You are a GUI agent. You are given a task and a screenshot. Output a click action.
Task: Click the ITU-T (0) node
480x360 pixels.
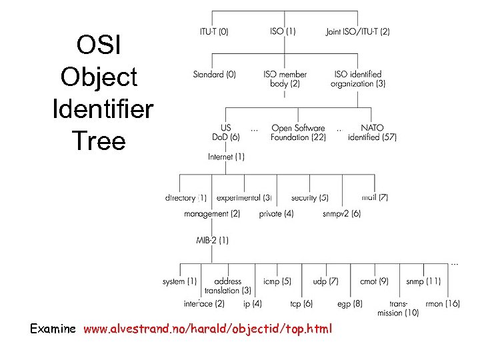pos(214,31)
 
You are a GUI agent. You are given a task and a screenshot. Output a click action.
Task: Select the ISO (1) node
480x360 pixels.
pos(283,31)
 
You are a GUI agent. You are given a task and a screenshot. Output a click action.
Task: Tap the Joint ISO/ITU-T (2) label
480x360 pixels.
pos(358,31)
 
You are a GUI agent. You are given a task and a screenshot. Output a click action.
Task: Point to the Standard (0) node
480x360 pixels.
pos(214,75)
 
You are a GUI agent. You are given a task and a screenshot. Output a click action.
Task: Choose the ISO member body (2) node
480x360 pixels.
pos(285,79)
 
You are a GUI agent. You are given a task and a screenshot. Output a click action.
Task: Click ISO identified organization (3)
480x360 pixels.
pos(357,79)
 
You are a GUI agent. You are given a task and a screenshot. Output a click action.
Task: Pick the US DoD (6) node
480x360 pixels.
pos(225,133)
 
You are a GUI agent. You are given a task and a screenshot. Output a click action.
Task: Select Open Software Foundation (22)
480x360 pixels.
pos(298,133)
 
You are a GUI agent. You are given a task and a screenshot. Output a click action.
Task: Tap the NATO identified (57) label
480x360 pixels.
pos(372,133)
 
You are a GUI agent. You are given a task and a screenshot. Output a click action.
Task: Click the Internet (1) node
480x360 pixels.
pos(226,157)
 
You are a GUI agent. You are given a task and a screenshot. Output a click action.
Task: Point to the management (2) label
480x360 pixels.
pos(212,214)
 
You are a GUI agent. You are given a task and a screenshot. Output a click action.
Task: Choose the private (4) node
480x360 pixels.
pos(276,214)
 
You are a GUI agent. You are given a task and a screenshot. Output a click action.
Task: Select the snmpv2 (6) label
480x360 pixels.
pos(341,214)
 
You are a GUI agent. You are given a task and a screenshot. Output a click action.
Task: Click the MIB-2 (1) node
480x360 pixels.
pos(212,239)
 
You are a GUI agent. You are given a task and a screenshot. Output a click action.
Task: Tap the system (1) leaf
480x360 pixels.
pos(179,281)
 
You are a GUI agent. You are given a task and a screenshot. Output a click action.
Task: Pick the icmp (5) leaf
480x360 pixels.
pos(277,281)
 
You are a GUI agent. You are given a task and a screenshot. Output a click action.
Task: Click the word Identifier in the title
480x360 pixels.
pos(102,108)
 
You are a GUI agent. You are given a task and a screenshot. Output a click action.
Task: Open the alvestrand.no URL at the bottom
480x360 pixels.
pos(207,329)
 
